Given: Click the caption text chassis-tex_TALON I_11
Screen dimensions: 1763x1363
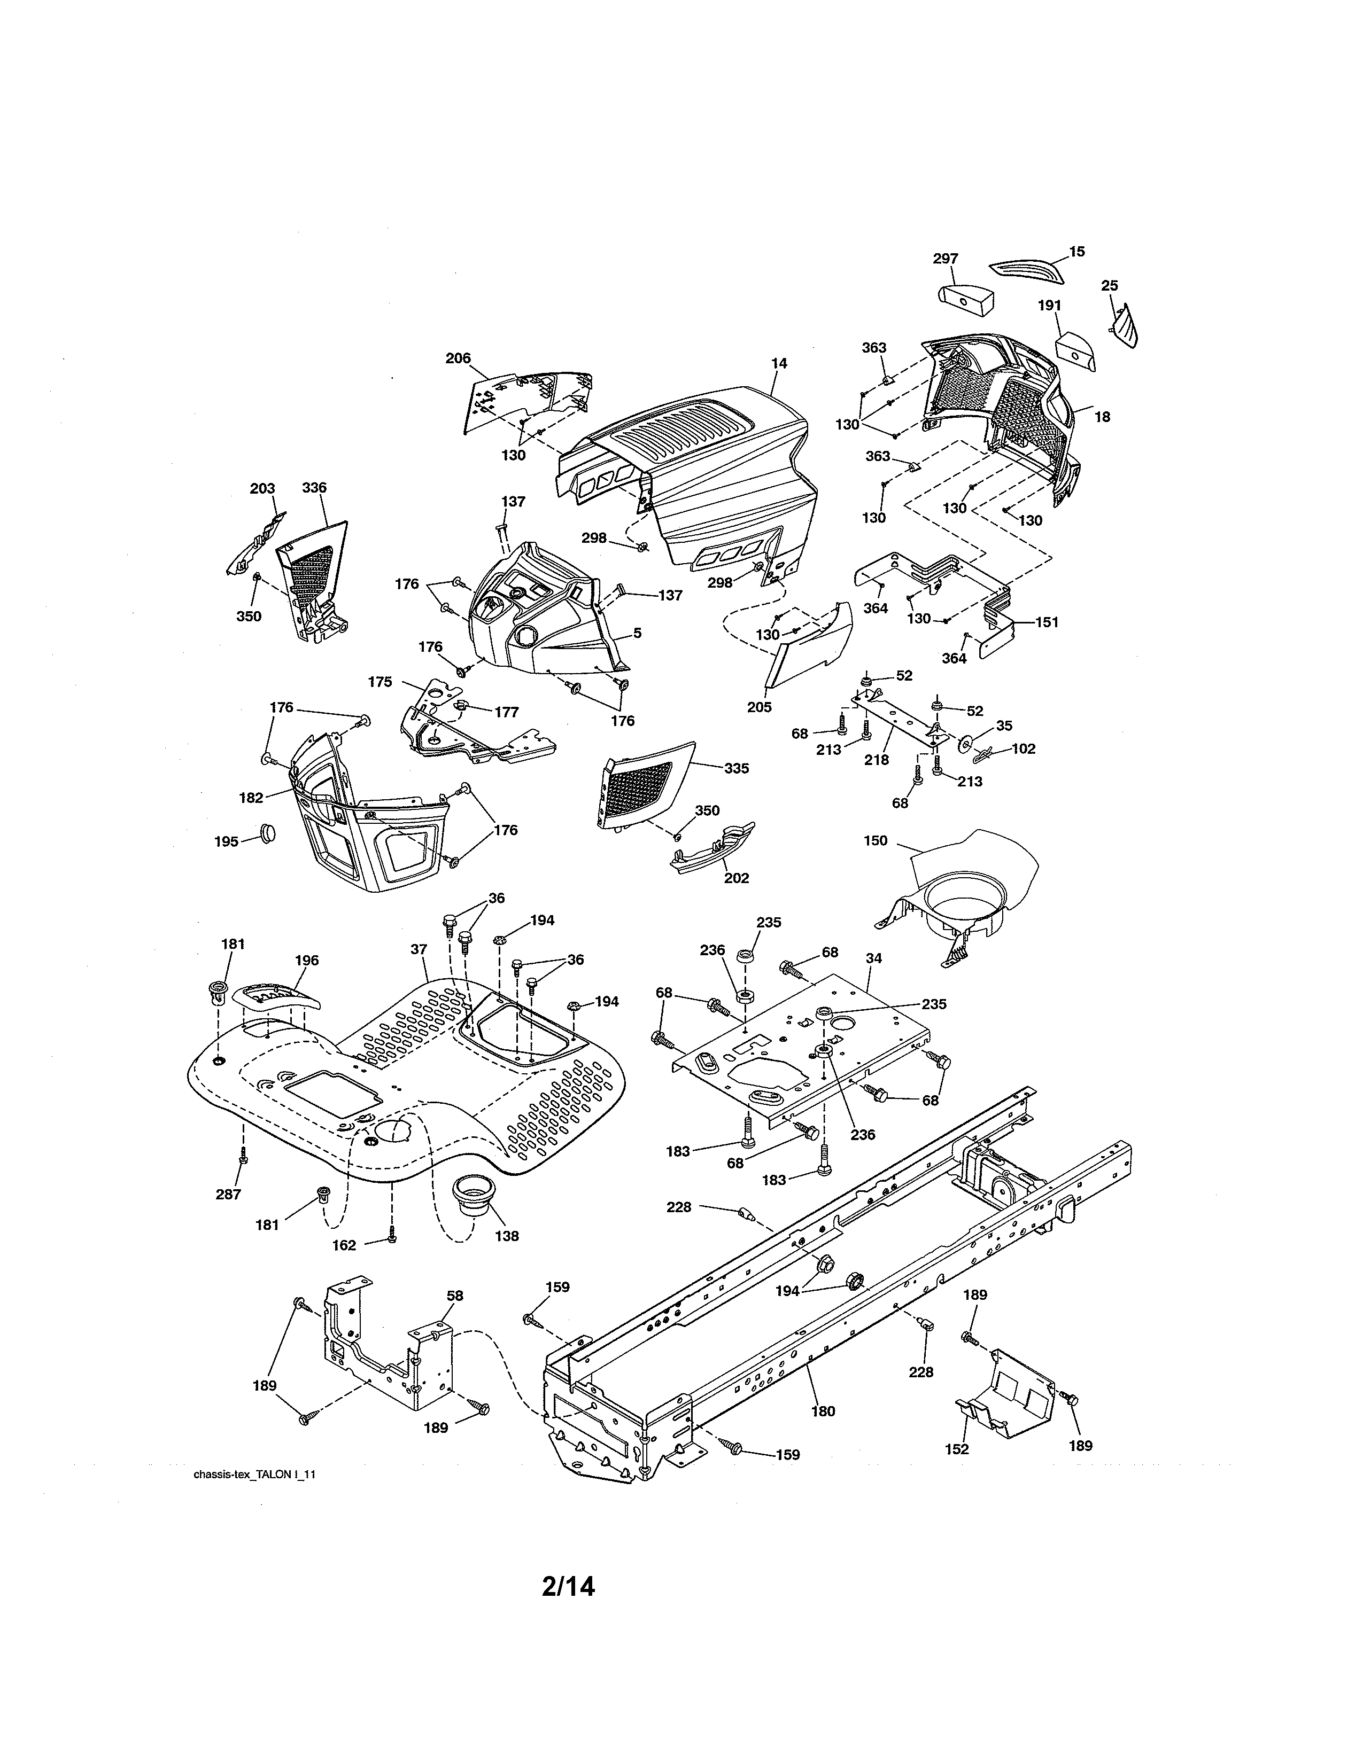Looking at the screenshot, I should (253, 1474).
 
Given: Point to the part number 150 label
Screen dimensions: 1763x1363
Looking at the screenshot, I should (876, 840).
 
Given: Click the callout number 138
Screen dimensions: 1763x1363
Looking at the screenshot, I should (507, 1235).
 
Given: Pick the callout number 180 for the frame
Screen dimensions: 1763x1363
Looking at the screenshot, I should (823, 1411).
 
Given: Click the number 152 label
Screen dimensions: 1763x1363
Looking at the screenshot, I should (957, 1449).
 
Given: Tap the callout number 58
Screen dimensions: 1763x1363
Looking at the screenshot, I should (455, 1296).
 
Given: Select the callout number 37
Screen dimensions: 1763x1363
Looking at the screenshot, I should (419, 949).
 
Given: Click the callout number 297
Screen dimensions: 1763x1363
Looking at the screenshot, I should (946, 259).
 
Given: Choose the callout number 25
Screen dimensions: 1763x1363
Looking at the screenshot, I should (1110, 286).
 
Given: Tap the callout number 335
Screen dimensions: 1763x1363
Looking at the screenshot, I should (737, 768).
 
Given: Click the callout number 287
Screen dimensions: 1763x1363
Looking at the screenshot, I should (229, 1194).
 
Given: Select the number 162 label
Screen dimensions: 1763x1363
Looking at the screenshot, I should (344, 1245).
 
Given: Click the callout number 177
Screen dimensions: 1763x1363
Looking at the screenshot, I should (506, 712).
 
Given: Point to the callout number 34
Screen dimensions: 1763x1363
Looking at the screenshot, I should (874, 958).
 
